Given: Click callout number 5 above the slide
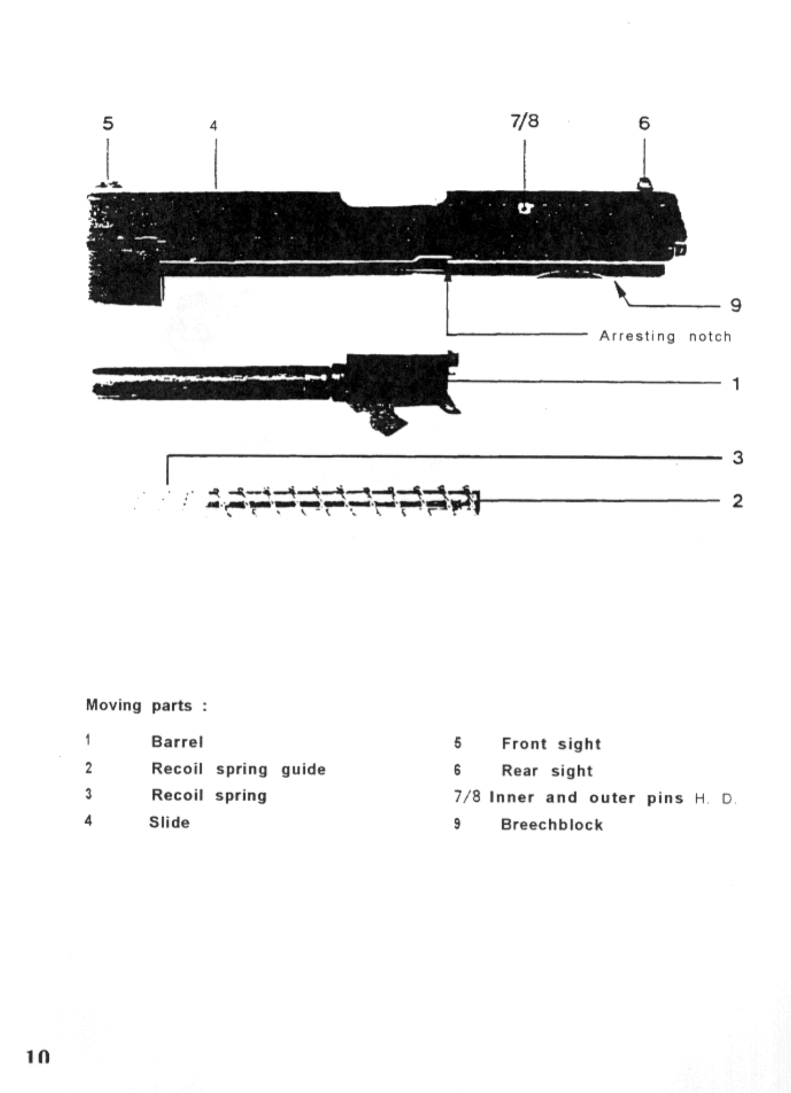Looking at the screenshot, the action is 108,123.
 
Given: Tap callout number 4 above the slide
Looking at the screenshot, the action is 214,126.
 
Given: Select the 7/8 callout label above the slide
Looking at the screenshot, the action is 525,121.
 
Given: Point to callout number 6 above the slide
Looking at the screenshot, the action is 644,123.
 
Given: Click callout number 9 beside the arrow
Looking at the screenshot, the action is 736,305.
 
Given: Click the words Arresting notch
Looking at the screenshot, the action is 665,336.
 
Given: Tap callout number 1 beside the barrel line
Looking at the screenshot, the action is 736,384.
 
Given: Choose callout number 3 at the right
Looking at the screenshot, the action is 738,458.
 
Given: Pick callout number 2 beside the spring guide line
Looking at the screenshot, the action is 738,501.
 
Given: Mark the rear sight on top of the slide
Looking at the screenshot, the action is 645,184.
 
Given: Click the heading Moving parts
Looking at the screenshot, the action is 146,705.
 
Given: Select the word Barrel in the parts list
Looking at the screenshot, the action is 177,742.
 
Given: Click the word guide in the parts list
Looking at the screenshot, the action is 303,770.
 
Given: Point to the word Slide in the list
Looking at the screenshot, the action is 169,822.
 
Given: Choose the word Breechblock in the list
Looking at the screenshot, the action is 552,825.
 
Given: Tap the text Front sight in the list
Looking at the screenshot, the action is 551,744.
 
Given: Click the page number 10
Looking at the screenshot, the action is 38,1056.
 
